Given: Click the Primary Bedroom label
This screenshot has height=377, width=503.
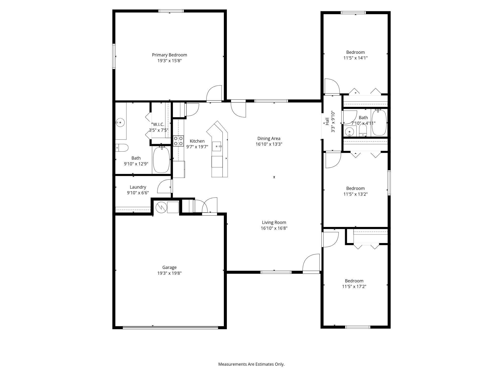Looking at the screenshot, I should click(x=169, y=55).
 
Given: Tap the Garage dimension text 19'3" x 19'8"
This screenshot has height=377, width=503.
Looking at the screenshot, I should click(x=169, y=273).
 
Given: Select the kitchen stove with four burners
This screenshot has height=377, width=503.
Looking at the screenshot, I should click(x=178, y=141).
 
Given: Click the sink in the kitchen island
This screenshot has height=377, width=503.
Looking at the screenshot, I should click(x=217, y=146).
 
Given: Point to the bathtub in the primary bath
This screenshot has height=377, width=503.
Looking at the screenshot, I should click(x=161, y=160).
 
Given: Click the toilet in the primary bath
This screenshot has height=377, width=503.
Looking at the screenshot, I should click(x=122, y=148).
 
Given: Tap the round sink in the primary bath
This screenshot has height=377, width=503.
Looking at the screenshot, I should click(x=120, y=123).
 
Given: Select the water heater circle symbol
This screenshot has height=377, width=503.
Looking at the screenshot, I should click(x=161, y=207).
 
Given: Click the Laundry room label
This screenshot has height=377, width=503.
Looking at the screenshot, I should click(x=138, y=187).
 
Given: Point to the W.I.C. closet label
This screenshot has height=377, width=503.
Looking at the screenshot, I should click(x=158, y=124).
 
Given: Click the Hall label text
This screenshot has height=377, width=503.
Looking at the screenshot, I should click(x=327, y=121).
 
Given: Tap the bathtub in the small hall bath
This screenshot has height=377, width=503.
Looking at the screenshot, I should click(x=379, y=123).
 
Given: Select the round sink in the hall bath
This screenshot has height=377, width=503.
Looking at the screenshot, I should click(x=349, y=131).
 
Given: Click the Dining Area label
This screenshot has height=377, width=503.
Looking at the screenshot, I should click(x=269, y=138).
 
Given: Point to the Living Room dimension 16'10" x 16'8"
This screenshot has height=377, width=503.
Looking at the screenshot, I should click(x=274, y=228).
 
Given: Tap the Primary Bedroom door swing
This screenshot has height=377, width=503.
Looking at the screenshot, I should click(x=214, y=93).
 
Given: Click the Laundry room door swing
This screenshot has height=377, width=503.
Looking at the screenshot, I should click(x=164, y=186).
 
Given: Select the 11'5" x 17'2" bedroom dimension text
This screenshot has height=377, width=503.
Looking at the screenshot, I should click(x=354, y=287).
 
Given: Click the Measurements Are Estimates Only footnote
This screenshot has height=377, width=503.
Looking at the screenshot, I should click(x=251, y=364).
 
